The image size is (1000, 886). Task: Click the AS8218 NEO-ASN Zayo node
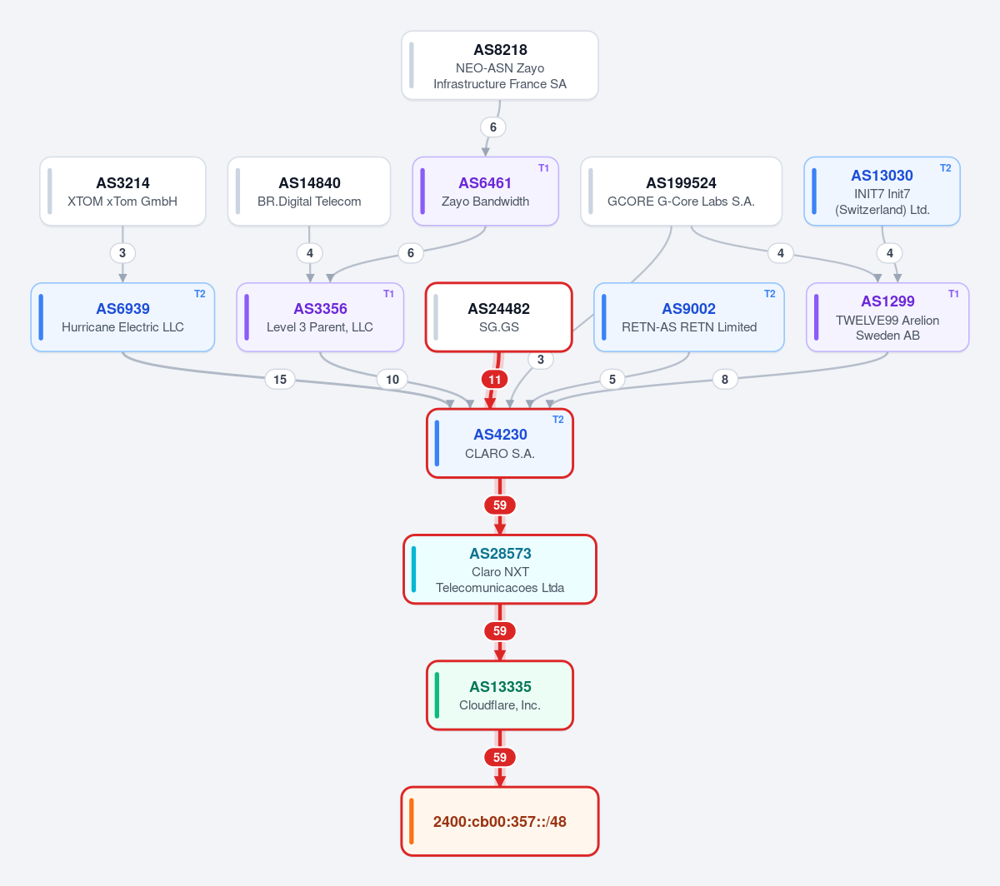499,66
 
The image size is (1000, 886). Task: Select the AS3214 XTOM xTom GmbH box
122,192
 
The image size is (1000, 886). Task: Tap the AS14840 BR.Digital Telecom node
309,192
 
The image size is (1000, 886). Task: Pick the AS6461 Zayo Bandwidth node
485,192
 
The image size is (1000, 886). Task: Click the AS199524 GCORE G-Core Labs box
681,192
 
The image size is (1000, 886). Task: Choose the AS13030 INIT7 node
882,192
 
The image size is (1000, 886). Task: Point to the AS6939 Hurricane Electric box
122,317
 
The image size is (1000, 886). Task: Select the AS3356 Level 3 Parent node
320,317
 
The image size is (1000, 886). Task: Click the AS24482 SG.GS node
498,317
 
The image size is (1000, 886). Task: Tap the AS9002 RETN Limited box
689,317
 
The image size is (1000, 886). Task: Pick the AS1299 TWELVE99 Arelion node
887,317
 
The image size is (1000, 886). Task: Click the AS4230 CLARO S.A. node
499,443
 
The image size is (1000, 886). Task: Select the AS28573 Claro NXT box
499,570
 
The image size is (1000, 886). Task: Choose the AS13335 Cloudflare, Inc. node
499,695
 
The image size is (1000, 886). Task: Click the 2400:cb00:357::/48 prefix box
499,821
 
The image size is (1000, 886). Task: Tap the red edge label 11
494,380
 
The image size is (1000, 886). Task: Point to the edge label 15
280,380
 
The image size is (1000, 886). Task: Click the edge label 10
392,380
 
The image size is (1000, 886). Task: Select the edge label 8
724,380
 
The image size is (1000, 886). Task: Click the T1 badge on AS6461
543,168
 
